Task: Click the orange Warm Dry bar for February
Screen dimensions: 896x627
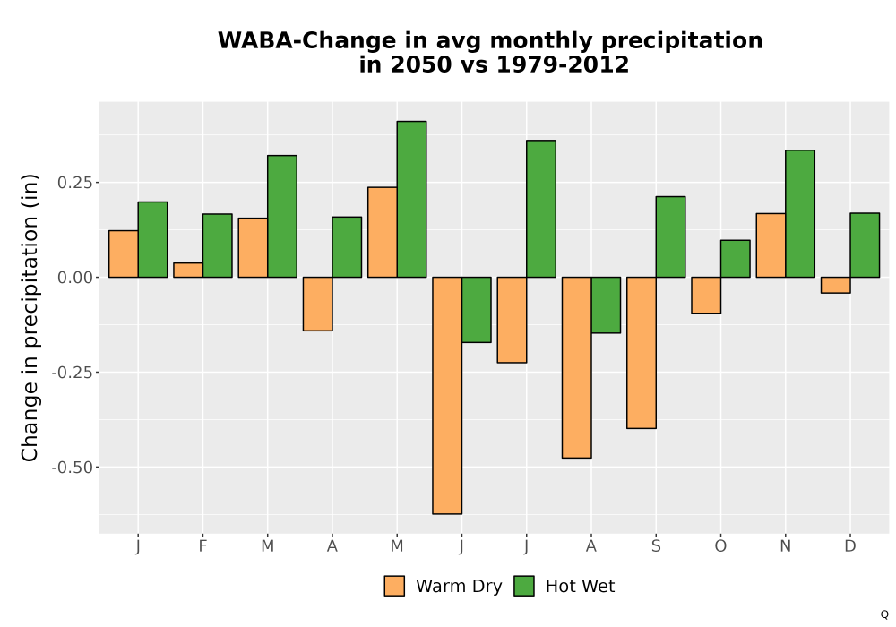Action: pos(188,271)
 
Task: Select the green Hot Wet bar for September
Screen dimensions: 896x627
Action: pos(670,237)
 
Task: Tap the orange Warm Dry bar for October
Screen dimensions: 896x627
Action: pos(706,296)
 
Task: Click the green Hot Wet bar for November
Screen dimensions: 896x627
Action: pos(800,213)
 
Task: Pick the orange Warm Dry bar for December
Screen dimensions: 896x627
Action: pos(835,285)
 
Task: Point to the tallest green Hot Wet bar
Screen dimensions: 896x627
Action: pos(411,199)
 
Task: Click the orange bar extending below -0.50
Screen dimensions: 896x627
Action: pos(447,396)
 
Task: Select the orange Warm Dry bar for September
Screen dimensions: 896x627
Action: pos(642,353)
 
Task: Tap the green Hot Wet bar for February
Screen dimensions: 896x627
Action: pos(217,245)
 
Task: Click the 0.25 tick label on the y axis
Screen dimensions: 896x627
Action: pos(75,183)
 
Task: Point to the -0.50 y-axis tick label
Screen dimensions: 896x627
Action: pos(72,467)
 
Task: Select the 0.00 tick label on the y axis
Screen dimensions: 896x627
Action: pos(75,278)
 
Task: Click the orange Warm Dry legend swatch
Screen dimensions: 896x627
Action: pos(394,586)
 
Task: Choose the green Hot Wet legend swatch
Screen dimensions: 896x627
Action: pos(524,586)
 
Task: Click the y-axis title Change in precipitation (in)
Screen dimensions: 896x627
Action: pos(30,317)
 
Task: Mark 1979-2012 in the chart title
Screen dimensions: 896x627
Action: pos(563,64)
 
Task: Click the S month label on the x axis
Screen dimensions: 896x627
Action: pos(656,546)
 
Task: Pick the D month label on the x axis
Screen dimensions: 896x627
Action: pos(850,546)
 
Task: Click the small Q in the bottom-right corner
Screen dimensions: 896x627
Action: pos(884,614)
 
